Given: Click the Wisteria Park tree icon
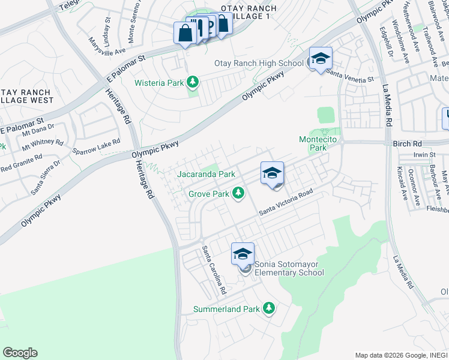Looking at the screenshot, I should [x=192, y=82].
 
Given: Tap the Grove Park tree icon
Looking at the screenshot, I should [x=239, y=193].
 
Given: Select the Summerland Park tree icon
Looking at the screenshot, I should [x=269, y=308].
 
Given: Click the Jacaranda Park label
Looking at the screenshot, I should [x=206, y=174].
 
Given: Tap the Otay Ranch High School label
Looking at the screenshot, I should [x=259, y=63].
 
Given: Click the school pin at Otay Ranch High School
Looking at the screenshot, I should [x=321, y=59].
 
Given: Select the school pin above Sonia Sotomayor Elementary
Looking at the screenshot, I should [x=243, y=254].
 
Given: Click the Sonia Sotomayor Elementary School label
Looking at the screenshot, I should [x=289, y=268].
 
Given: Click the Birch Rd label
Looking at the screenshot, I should [x=409, y=144].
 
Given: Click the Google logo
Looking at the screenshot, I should [x=20, y=353].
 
